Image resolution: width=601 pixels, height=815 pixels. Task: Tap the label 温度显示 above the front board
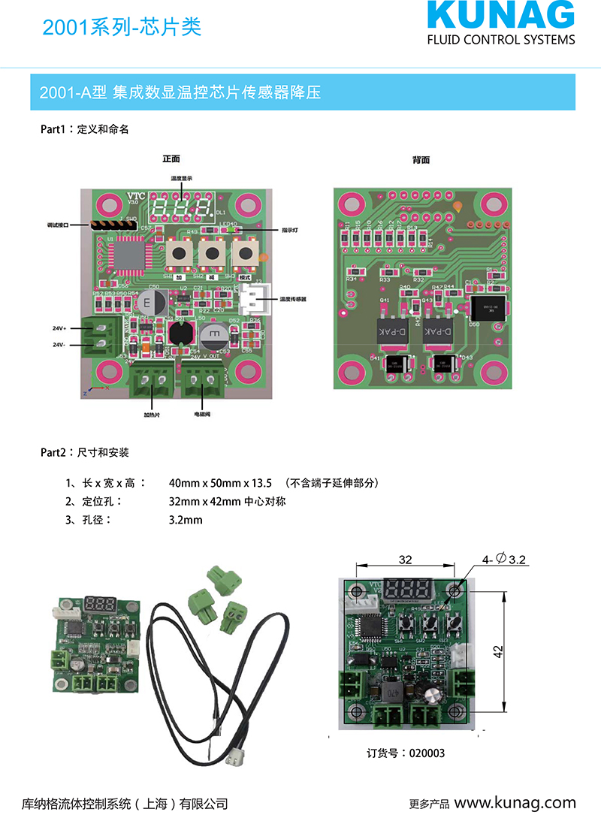[x=181, y=178]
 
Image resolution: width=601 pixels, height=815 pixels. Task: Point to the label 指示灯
[x=290, y=230]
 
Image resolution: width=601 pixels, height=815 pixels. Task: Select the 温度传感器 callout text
[x=293, y=299]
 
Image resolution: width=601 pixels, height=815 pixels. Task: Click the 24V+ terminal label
[x=59, y=329]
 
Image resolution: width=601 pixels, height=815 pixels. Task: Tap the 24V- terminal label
[x=59, y=345]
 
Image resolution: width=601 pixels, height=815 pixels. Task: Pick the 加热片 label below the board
[x=153, y=414]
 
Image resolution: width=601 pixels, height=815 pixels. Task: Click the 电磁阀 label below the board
[x=203, y=414]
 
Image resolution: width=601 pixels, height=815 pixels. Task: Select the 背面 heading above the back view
[x=421, y=160]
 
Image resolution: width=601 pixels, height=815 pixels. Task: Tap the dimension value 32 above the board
[x=405, y=560]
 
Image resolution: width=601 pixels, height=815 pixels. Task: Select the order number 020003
[x=427, y=753]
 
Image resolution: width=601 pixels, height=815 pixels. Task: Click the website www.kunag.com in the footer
[x=515, y=802]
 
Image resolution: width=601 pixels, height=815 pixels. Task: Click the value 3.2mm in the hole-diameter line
[x=186, y=520]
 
